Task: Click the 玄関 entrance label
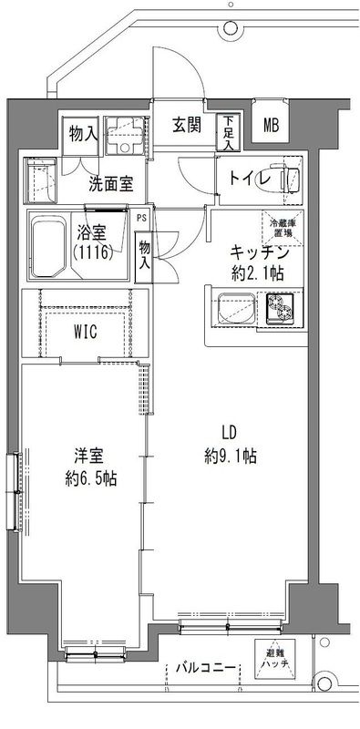pos(188,126)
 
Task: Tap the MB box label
pos(273,126)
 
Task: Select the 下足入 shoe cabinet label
pos(228,132)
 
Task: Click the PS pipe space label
pos(142,219)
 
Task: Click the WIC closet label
pos(87,332)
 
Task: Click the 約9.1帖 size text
pos(230,457)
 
